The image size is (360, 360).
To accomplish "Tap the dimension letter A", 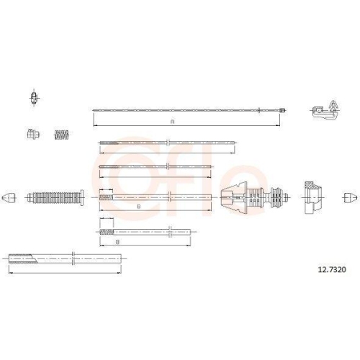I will click(x=172, y=122).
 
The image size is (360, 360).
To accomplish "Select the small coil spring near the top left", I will click(x=63, y=134).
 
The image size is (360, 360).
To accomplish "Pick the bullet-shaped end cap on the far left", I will click(x=9, y=197).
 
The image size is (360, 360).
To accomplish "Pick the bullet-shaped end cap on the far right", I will click(x=349, y=197).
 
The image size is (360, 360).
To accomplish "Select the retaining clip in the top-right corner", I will click(x=325, y=109).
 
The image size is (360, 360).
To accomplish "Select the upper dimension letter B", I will click(x=137, y=206).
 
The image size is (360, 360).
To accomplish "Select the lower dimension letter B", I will click(x=117, y=243).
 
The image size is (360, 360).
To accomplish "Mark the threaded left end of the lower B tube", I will click(x=105, y=232).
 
